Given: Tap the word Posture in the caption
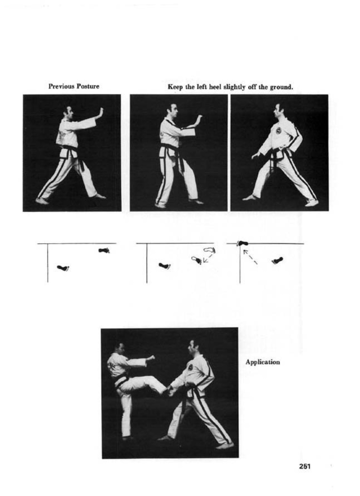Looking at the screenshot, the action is coord(88,86).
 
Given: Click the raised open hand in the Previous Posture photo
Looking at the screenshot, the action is coord(100,113).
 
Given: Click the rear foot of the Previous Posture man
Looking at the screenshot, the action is coord(42,201).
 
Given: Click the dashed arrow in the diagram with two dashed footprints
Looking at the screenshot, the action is coord(208,258).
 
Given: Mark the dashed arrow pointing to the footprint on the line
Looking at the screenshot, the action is coord(250,257).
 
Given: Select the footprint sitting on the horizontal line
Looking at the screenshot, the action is coord(242,243).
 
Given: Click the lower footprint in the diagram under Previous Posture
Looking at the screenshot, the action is coord(63,268).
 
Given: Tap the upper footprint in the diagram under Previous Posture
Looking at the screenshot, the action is coord(104,251).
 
